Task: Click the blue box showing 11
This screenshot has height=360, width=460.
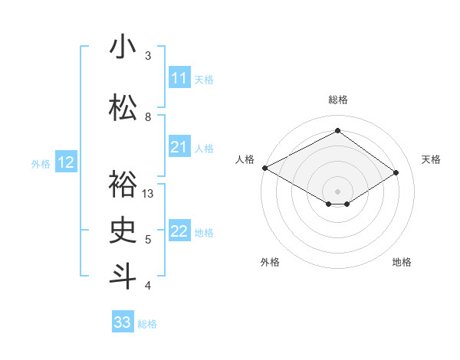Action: (x=179, y=78)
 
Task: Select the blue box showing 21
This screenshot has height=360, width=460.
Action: (x=179, y=147)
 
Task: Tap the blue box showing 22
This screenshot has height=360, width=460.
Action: (x=179, y=231)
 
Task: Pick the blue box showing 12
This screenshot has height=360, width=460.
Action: (x=66, y=162)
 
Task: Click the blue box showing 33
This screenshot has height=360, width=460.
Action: (x=123, y=322)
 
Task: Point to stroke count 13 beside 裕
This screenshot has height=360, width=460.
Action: (x=149, y=194)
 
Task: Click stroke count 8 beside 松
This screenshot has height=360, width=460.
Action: (x=148, y=117)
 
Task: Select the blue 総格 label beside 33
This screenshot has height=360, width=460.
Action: (x=147, y=324)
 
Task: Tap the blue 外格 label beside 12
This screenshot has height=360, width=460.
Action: (x=41, y=163)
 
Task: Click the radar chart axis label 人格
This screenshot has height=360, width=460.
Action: (x=245, y=159)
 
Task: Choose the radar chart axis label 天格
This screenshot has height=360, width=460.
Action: (x=431, y=159)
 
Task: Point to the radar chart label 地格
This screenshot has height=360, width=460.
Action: (x=402, y=262)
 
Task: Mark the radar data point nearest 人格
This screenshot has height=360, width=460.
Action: (x=264, y=168)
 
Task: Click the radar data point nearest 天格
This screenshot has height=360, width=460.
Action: (x=396, y=172)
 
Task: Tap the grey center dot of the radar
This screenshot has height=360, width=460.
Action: (x=337, y=190)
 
